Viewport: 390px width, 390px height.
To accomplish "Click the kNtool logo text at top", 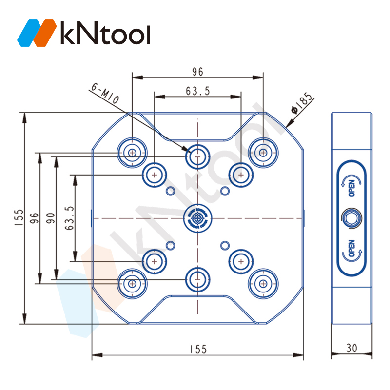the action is [x=105, y=33].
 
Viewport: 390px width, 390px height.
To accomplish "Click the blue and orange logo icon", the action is [x=37, y=33].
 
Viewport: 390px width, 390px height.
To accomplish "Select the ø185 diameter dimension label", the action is [x=301, y=103].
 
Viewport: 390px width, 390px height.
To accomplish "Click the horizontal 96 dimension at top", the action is [x=198, y=72].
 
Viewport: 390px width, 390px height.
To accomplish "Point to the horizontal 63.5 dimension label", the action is [x=198, y=91].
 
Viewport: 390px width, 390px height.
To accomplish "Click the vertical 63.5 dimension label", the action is [x=69, y=218].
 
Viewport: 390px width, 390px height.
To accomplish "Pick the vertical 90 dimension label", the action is [x=51, y=218].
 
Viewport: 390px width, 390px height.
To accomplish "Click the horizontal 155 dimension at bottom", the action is [x=198, y=349].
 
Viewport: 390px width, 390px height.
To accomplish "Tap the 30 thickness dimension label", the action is [x=351, y=348].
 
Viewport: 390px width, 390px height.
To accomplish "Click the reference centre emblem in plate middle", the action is [x=198, y=218].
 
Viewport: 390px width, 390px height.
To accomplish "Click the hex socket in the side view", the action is [x=351, y=218].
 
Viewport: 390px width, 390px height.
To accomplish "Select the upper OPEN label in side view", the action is [x=351, y=188].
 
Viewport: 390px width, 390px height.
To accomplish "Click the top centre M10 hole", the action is [x=198, y=157].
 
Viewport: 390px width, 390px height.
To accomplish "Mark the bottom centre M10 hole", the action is [x=198, y=279].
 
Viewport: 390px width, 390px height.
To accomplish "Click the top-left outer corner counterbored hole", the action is [x=132, y=153].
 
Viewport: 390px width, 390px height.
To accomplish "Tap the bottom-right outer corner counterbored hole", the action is [x=263, y=284].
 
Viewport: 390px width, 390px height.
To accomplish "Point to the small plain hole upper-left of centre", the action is [x=170, y=191].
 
